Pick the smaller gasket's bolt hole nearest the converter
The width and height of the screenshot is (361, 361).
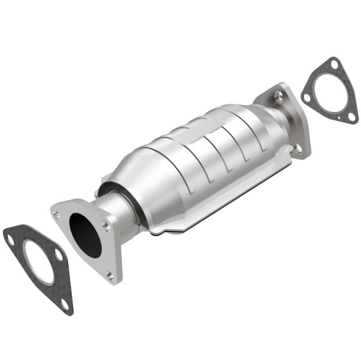coord(306,97)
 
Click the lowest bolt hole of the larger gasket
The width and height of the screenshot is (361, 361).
coord(65,305)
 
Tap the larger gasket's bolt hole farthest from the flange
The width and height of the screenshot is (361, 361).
coord(10,240)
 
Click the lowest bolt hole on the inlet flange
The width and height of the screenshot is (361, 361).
coord(110,274)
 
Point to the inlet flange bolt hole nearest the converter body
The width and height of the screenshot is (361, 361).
coord(105,224)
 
